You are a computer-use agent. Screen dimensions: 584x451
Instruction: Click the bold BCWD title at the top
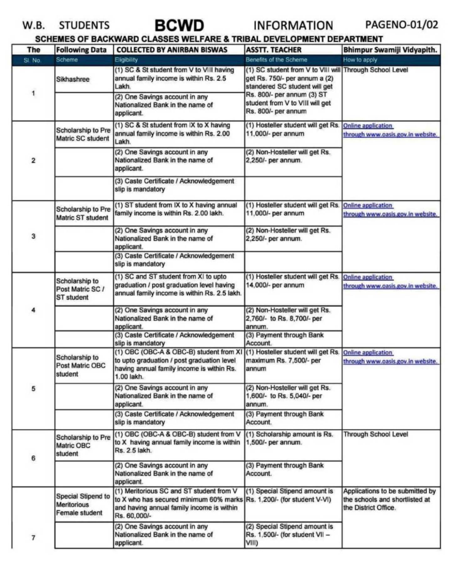point(179,26)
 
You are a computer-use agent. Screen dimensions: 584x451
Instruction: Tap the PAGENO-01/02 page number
point(401,24)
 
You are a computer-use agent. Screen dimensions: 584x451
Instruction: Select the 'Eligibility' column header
point(126,60)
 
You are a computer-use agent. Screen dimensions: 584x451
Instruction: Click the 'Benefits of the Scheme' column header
point(276,60)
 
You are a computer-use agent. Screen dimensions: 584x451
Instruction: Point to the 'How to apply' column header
point(360,60)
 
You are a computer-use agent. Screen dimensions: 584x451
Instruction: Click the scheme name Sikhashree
point(73,79)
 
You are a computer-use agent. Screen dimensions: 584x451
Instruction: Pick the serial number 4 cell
point(33,310)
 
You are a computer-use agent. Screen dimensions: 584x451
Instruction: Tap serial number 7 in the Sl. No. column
point(33,538)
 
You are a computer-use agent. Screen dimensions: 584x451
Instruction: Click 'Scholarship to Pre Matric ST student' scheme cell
point(83,213)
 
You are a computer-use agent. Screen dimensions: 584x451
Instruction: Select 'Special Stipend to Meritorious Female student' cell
point(83,504)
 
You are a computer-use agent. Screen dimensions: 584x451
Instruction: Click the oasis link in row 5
point(391,361)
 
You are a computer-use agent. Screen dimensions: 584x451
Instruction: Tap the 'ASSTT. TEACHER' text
point(273,50)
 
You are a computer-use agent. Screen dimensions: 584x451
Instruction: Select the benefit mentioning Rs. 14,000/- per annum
point(292,281)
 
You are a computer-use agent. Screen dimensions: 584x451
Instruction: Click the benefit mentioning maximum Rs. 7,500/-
point(292,360)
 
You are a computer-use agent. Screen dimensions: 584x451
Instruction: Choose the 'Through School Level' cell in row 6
point(375,434)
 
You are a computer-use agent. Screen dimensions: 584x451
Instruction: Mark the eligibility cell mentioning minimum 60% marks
point(178,503)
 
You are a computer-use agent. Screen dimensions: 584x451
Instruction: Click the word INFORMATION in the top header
point(293,26)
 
